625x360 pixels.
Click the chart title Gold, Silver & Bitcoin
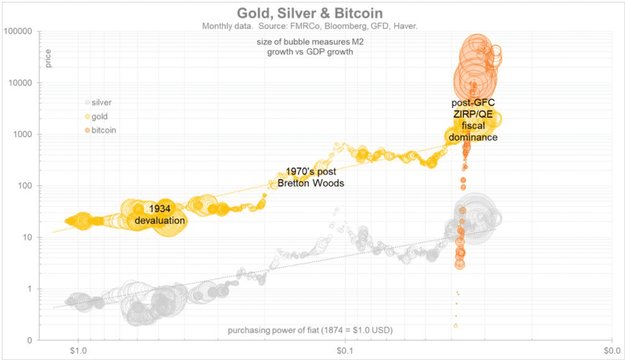(310, 13)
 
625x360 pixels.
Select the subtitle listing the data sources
(310, 26)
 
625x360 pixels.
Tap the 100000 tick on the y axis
(18, 31)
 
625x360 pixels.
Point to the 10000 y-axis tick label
(20, 83)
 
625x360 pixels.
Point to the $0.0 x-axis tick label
(612, 351)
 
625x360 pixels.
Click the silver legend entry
(101, 102)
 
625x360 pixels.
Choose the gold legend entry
(99, 116)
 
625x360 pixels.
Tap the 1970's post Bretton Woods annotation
(311, 177)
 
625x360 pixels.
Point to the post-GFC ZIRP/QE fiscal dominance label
(473, 120)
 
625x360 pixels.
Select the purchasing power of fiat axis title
(310, 330)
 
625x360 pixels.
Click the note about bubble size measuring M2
(310, 47)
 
